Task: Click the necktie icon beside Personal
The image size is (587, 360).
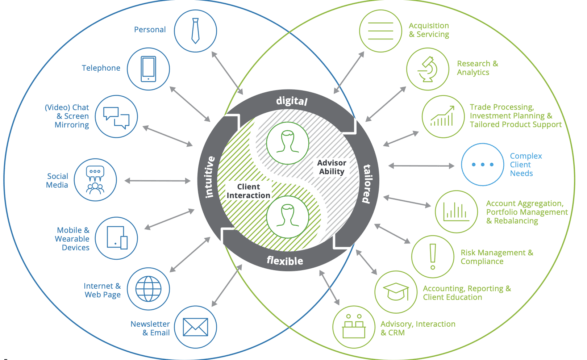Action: coord(195,31)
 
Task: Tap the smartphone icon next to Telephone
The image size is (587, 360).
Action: coord(148,69)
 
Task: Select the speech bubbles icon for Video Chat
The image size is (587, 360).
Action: coord(116,117)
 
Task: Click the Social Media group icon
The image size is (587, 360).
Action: coord(95,180)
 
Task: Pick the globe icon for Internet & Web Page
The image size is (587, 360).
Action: coord(148,289)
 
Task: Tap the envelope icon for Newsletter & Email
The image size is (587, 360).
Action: coord(195,327)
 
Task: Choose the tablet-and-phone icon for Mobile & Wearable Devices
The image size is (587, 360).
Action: coord(117,238)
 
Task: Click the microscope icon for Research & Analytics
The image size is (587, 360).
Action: coord(428,69)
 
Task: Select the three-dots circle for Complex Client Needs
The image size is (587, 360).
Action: coord(482,164)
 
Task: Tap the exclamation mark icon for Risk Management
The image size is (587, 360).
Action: coord(433,257)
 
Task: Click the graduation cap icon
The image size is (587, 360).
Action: coord(396,292)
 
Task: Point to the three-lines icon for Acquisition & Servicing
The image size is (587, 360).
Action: coord(380,31)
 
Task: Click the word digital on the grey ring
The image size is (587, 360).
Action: coord(292,101)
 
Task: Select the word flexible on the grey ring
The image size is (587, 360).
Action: coord(285,260)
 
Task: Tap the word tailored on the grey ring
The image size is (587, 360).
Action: coord(367,183)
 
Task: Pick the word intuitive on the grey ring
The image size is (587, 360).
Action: coord(209,177)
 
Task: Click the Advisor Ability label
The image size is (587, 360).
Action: coord(331,167)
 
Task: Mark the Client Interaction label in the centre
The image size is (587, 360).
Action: coord(248,191)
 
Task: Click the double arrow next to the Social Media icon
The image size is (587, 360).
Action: coord(158,181)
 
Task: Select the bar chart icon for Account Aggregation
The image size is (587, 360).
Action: coord(456,212)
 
